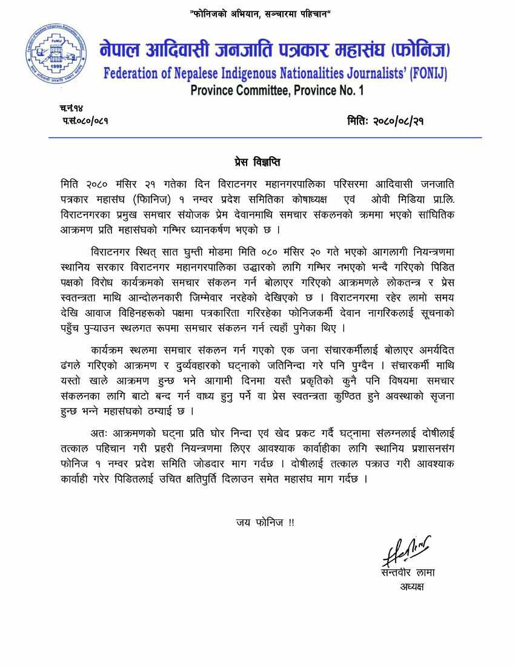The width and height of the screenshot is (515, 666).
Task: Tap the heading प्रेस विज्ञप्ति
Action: pos(257,163)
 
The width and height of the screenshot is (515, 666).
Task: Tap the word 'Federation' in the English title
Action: pos(135,73)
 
